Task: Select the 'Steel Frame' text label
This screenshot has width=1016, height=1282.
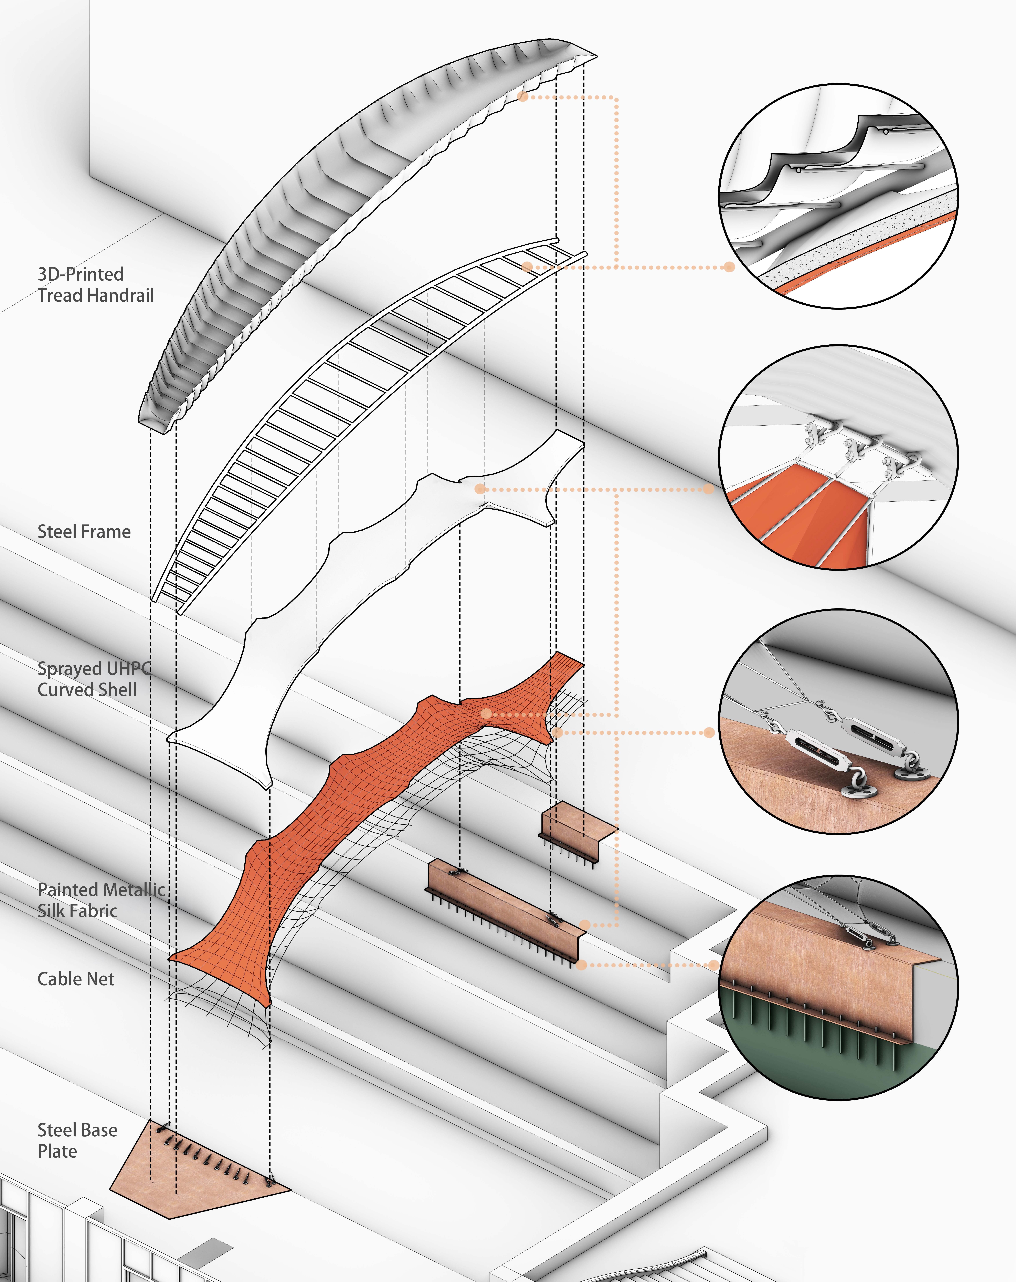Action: click(x=84, y=532)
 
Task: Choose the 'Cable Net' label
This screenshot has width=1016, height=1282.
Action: click(x=75, y=979)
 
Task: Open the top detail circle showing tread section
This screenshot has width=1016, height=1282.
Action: click(x=838, y=196)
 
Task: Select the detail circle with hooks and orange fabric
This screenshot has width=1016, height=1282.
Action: click(x=838, y=458)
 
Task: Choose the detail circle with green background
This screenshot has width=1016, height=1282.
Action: click(x=838, y=987)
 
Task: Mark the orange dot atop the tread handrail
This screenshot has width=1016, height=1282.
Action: click(x=523, y=96)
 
